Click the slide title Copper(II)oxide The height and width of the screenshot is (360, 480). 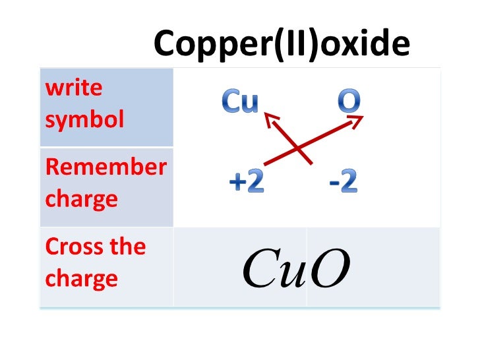point(282,44)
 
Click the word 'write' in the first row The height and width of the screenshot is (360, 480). point(65,87)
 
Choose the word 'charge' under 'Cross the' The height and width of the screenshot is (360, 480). point(81,278)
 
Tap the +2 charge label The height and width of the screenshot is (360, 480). point(246,183)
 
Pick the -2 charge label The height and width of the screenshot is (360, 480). point(343,182)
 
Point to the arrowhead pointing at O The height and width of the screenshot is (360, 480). point(359,119)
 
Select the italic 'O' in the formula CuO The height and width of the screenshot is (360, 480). point(328,270)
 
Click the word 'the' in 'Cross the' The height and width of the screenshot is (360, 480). point(127,246)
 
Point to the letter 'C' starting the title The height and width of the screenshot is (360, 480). point(164,44)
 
